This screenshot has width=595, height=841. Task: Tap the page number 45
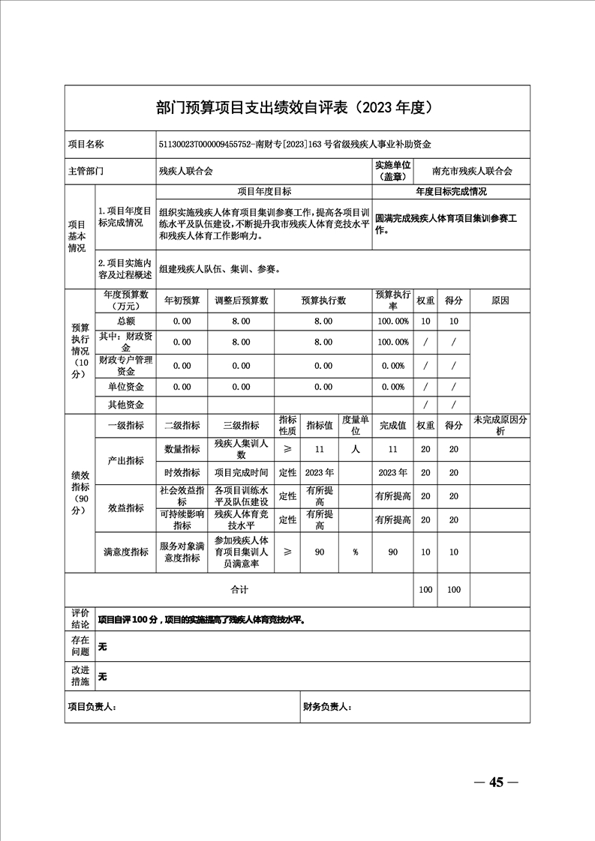pyautogui.click(x=495, y=783)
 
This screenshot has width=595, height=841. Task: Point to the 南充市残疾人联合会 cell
pyautogui.click(x=473, y=171)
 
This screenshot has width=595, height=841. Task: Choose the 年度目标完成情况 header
pyautogui.click(x=451, y=192)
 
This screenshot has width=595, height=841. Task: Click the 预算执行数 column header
pyautogui.click(x=323, y=301)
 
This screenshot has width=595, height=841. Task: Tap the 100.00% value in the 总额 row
pyautogui.click(x=393, y=321)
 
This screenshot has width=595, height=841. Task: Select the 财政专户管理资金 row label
pyautogui.click(x=126, y=366)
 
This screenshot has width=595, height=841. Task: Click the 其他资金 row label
pyautogui.click(x=126, y=405)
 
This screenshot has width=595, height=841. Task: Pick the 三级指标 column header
pyautogui.click(x=241, y=425)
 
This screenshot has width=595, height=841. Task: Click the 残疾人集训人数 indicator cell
pyautogui.click(x=241, y=449)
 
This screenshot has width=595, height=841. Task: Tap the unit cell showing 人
pyautogui.click(x=356, y=449)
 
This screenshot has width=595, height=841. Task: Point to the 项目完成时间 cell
pyautogui.click(x=241, y=473)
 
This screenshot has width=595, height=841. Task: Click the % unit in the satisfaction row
pyautogui.click(x=356, y=552)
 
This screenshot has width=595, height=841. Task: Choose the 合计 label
pyautogui.click(x=239, y=590)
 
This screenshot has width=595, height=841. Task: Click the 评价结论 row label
pyautogui.click(x=80, y=618)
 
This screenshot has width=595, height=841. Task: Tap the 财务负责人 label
pyautogui.click(x=327, y=707)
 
